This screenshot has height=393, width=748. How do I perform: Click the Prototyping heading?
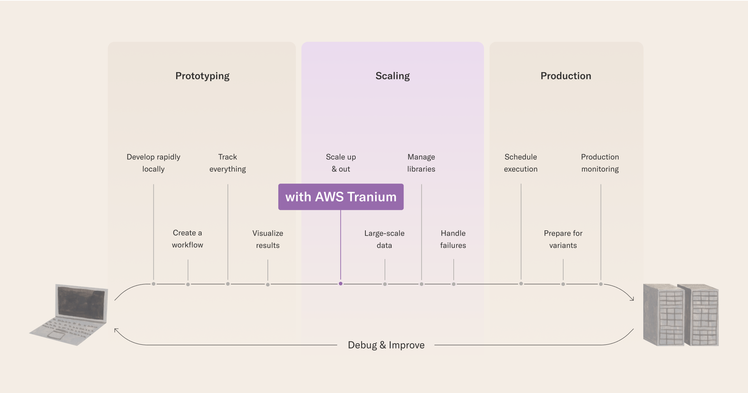(x=202, y=76)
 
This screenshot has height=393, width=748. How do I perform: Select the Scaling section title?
(x=392, y=76)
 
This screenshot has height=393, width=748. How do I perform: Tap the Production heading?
(x=565, y=76)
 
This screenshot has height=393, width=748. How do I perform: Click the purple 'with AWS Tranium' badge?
(x=341, y=197)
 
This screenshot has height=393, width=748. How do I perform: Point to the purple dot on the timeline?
(x=340, y=283)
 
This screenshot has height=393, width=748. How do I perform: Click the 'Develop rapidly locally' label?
(x=153, y=163)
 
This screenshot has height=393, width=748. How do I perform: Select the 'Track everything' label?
(x=227, y=163)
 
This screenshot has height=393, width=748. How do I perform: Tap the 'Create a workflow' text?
(x=187, y=239)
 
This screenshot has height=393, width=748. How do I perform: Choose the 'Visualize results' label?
(x=268, y=239)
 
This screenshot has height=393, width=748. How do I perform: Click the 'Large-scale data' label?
(x=384, y=239)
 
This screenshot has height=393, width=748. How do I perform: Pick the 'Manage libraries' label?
(x=421, y=163)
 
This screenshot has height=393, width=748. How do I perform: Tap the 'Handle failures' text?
(x=453, y=239)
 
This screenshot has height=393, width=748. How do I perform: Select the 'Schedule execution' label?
(x=521, y=163)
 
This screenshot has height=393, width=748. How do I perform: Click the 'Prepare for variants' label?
(x=563, y=239)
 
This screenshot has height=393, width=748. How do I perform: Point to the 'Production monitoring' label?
(x=600, y=163)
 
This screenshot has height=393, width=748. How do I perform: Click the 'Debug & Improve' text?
(x=386, y=345)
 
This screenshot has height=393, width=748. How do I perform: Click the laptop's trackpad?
(x=56, y=335)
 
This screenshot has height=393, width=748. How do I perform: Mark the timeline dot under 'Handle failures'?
(x=454, y=284)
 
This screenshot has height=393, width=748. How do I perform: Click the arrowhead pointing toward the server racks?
(x=632, y=299)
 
